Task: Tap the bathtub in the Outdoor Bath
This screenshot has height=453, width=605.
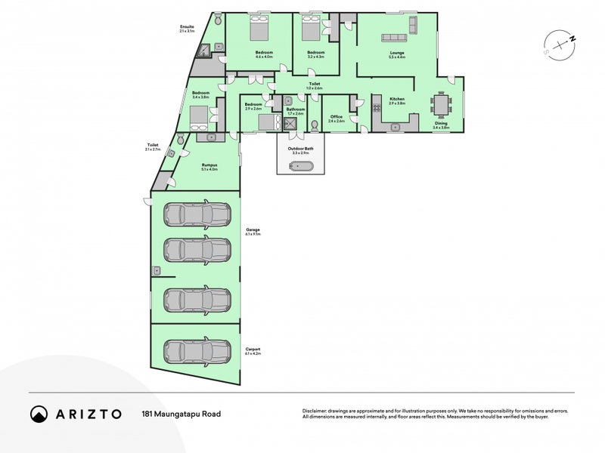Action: coord(300,165)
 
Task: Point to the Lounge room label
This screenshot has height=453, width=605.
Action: coord(396,53)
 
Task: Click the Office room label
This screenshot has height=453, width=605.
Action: coord(336,117)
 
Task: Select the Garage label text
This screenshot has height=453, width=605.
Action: coord(252,230)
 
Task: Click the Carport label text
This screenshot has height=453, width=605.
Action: coord(252,349)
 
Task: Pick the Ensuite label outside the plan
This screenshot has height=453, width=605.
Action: coord(187,28)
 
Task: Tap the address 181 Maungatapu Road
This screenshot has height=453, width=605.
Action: coord(181,414)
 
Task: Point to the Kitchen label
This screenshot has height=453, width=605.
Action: coord(397,100)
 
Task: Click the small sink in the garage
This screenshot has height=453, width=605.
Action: coord(157,270)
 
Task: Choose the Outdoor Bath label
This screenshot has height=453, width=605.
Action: coord(300,149)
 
